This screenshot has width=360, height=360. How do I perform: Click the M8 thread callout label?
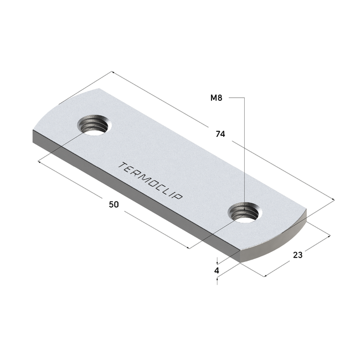pos(216,98)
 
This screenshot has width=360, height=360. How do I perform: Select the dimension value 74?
pos(220,134)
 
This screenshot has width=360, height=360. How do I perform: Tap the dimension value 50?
pos(114,204)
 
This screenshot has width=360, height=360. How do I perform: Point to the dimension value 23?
pos(298,255)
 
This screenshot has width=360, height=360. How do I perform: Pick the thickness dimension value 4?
pos(217,271)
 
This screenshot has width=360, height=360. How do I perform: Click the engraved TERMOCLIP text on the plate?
pos(151,181)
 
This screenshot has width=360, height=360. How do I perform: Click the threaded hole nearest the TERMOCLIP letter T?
pos(94,125)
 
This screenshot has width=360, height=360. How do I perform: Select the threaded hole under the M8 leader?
pos(245,212)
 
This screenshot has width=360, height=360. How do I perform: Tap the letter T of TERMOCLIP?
pos(122,165)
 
